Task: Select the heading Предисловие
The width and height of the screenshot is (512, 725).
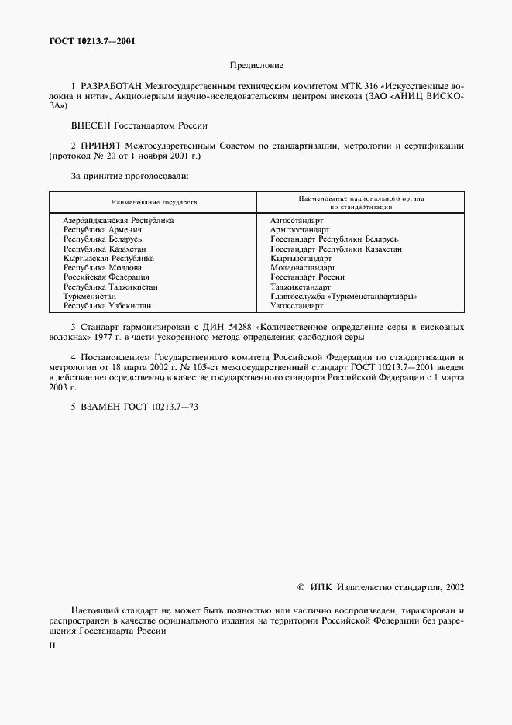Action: (256, 67)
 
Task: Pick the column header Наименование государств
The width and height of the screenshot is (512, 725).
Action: (154, 202)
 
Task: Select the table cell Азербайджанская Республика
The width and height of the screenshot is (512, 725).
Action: (118, 221)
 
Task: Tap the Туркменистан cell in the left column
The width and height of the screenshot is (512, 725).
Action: (90, 296)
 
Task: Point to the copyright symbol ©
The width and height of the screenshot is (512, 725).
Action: (302, 588)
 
